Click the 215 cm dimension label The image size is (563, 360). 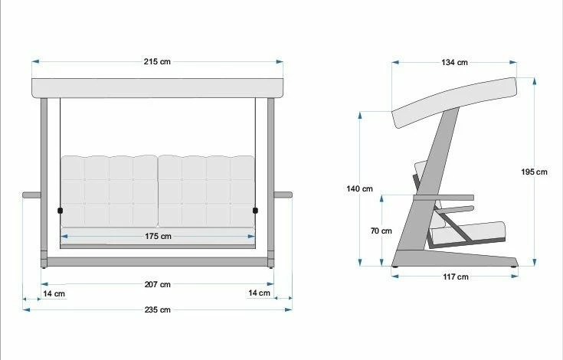coord(159,61)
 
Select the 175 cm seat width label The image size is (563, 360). coord(159,237)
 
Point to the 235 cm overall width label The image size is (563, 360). coord(159,309)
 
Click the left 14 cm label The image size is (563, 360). coord(54,293)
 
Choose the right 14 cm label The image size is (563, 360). coord(259,293)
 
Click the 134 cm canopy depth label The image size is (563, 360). coord(455,63)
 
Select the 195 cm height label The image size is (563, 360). coord(534,172)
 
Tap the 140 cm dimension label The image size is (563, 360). coord(358,189)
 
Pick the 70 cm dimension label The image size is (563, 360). coord(381,231)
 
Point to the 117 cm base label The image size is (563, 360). coord(456,277)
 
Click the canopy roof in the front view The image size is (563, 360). coord(157,88)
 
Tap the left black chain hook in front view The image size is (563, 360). coord(60,210)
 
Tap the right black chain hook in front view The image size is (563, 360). coord(256,210)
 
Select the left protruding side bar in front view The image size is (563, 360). coord(31,195)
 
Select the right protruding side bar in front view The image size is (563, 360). coord(283,195)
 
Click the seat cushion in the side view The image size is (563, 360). coord(475,231)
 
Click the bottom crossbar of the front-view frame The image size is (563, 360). coord(157,262)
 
